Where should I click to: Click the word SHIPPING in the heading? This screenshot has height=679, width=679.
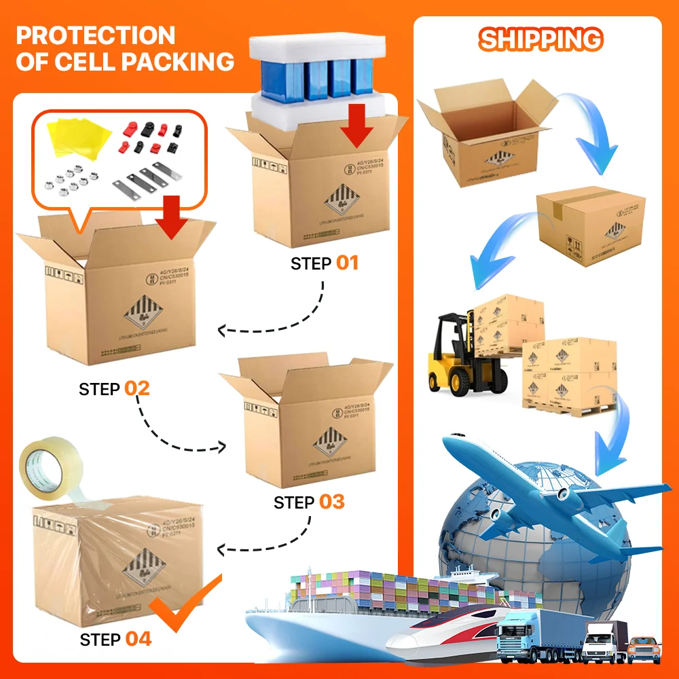click(x=540, y=39)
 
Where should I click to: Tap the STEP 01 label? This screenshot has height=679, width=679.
click(x=325, y=263)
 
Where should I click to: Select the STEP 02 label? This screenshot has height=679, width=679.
click(x=114, y=389)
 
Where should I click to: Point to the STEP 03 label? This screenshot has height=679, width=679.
click(x=309, y=502)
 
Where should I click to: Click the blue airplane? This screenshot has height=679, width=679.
click(x=543, y=489)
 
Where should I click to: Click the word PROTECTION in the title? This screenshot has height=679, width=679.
click(x=95, y=35)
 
